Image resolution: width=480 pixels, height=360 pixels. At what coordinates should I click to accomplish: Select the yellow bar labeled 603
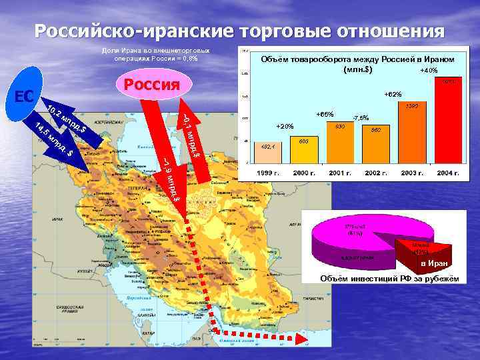(x=304, y=149)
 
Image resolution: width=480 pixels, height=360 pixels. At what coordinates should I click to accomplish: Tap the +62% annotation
(x=393, y=94)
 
